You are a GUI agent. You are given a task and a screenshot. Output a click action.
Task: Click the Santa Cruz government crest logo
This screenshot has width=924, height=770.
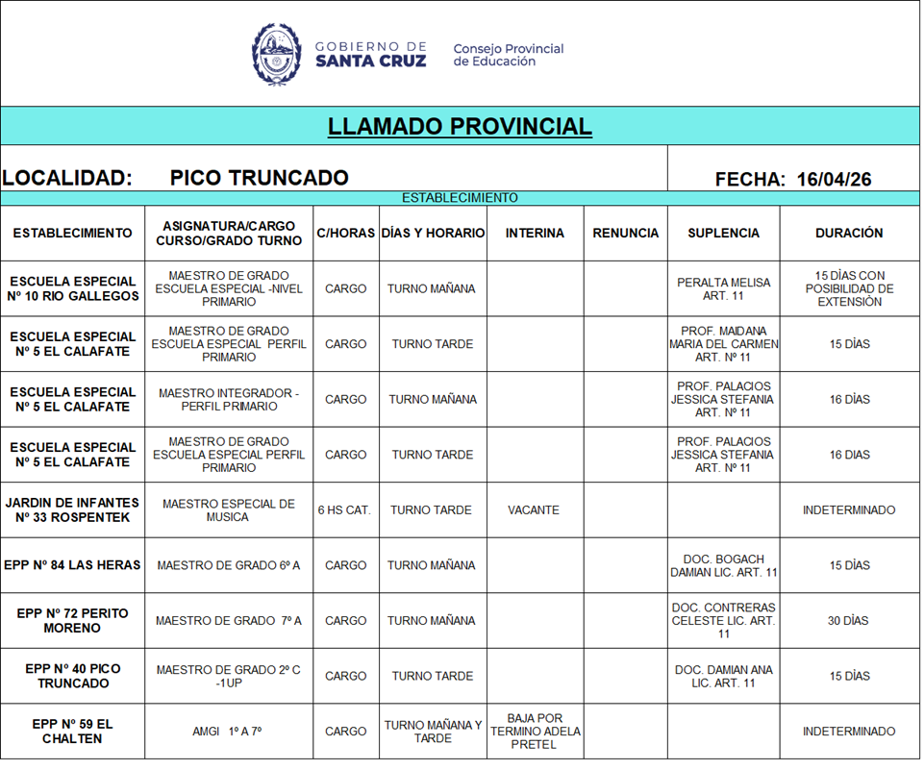click(277, 54)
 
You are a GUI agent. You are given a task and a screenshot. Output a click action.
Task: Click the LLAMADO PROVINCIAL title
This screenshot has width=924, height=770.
click(460, 127)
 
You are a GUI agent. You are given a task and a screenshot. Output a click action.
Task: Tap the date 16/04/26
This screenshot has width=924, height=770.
click(834, 179)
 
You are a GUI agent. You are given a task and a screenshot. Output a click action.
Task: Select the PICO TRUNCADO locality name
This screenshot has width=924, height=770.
click(259, 178)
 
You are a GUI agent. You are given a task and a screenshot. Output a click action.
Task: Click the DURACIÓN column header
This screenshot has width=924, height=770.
click(849, 233)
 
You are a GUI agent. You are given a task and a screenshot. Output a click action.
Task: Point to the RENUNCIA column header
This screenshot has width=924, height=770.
click(625, 233)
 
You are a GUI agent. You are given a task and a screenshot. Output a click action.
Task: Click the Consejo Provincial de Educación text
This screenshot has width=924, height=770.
click(508, 55)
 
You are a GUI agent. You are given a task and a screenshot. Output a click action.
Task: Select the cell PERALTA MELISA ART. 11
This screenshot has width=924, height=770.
click(723, 289)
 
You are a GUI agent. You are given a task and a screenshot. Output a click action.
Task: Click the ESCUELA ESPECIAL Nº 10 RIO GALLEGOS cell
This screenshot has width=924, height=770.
click(73, 289)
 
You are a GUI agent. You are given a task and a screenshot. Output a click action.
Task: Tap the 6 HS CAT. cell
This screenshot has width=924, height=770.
click(344, 510)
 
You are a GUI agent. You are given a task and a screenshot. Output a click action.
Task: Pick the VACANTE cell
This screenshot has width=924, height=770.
click(534, 510)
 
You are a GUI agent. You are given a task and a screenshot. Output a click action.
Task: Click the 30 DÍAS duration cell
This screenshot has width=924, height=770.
click(849, 621)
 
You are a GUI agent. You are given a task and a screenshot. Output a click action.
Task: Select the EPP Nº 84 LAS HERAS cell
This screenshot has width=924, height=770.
click(73, 565)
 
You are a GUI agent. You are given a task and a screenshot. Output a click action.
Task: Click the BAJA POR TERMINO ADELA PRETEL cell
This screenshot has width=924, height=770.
click(534, 732)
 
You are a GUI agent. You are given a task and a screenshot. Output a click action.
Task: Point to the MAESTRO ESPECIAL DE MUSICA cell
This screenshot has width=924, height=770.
click(229, 510)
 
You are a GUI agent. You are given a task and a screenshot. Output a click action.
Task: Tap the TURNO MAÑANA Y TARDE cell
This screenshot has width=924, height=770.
click(433, 732)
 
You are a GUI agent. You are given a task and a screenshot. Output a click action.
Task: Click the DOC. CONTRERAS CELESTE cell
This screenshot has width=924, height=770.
click(723, 621)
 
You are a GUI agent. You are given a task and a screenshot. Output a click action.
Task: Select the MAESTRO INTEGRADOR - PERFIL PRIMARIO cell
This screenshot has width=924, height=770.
click(229, 400)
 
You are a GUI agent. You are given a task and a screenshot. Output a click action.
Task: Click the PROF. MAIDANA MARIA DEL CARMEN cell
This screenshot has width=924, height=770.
click(723, 344)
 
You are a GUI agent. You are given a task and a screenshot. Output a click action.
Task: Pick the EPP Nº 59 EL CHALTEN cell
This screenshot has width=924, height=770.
click(73, 732)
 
